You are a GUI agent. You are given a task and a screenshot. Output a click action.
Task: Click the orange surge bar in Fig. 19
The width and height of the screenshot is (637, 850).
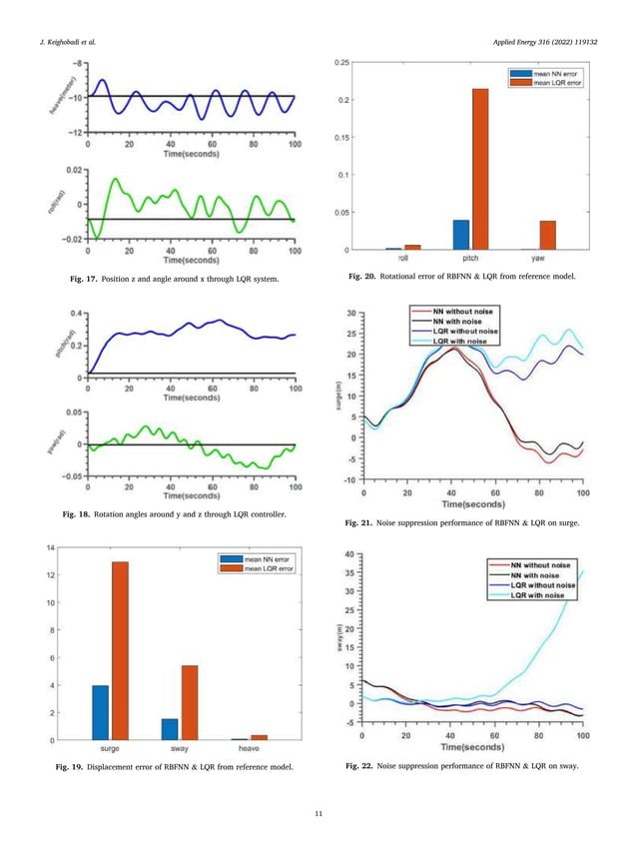tap(120, 650)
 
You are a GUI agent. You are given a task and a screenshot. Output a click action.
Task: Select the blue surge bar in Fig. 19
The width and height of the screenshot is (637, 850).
tap(101, 712)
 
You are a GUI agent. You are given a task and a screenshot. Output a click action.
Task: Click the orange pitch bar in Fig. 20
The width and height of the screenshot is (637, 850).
tap(480, 169)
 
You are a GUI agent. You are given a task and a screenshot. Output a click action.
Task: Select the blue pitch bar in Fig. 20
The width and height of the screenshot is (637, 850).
tap(460, 235)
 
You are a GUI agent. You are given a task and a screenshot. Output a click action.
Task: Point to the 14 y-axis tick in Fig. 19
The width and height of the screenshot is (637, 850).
tap(50, 547)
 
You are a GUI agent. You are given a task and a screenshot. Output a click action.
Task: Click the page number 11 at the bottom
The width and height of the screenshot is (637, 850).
tap(318, 817)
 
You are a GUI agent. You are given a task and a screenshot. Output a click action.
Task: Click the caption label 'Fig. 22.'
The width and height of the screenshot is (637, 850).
tap(359, 766)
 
